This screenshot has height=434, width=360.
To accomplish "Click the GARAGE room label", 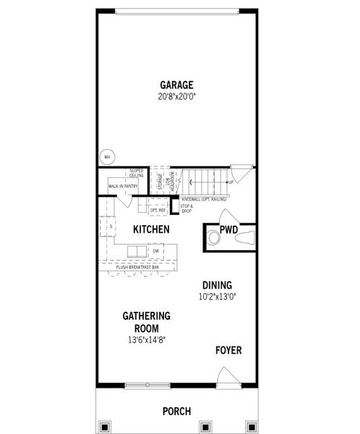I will pos(176,85).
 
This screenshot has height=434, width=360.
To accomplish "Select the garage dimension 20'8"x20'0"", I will pos(176,97).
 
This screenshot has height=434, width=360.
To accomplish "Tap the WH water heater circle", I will pos(107,156).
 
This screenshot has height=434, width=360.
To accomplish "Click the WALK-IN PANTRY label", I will pos(122,187).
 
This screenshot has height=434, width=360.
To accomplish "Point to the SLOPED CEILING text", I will pos(136,174).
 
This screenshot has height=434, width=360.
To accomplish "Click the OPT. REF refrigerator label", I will pos(158,210).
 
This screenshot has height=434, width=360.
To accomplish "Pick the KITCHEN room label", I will pos(151,230).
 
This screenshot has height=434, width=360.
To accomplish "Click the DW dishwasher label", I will pos(155,251).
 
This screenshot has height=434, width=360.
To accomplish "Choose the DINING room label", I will pos(218,285).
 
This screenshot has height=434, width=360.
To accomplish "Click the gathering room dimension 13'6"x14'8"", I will pos(146,339).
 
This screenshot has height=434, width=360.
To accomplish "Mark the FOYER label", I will pos(228,351).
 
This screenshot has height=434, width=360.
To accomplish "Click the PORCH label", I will pos(176,412).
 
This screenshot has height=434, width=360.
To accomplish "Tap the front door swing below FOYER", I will pos(228,376).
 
